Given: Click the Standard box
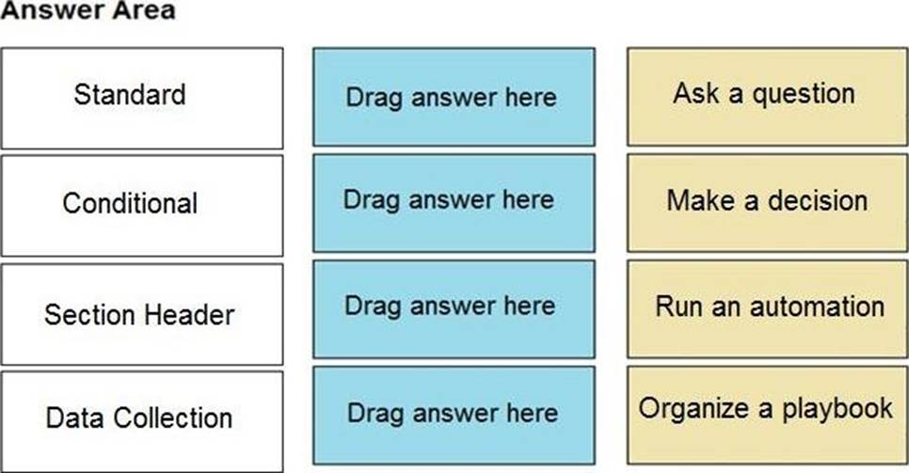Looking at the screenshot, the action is (x=142, y=99).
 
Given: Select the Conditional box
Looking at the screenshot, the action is (x=142, y=205).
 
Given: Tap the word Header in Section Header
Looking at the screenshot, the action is (x=188, y=315).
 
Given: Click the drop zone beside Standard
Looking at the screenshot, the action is (x=454, y=97).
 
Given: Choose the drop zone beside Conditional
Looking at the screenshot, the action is (x=454, y=203).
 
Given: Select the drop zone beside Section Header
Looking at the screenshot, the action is (x=454, y=309).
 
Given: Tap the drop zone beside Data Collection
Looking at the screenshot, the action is (x=454, y=415).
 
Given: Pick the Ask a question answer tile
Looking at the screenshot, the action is (x=768, y=97).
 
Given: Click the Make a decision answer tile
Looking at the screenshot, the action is (x=768, y=203).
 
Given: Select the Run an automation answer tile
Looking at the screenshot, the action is (x=768, y=309).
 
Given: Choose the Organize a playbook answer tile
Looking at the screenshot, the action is (x=768, y=415).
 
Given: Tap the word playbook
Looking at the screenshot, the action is (x=837, y=409).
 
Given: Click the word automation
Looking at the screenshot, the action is (x=818, y=307).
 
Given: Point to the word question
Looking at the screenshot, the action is (x=804, y=95).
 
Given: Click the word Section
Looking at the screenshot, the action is (x=89, y=315).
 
